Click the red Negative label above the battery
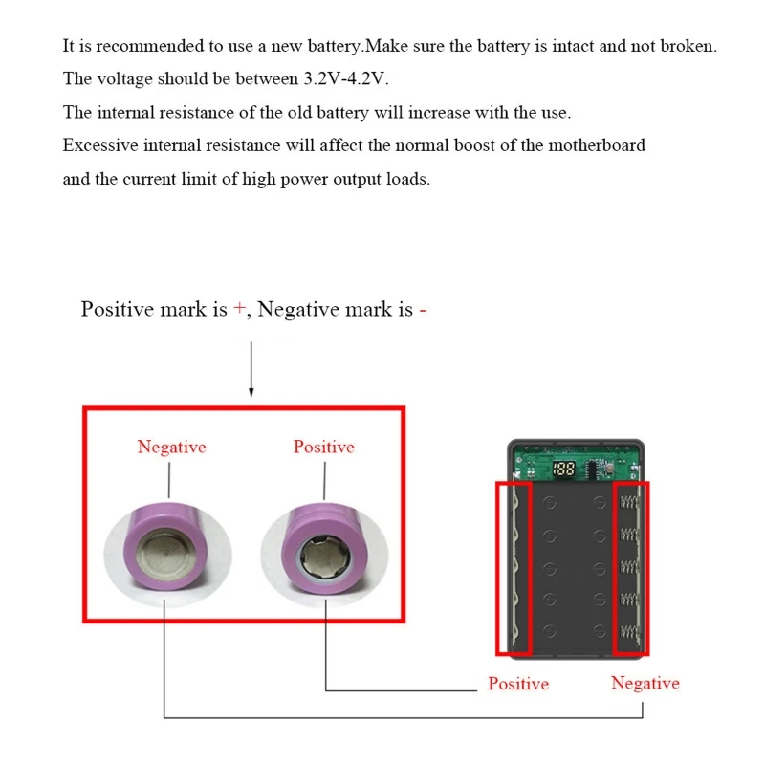pos(171,447)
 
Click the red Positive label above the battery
pos(323,447)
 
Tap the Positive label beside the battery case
pos(518,684)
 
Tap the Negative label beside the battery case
pos(645,683)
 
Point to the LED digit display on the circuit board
pos(563,470)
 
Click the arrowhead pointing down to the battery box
pos(251,391)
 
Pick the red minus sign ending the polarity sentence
pos(422,310)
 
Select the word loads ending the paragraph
pos(408,179)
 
